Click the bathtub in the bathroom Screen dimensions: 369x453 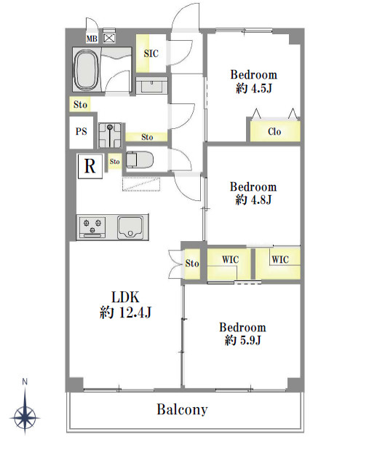click(87, 70)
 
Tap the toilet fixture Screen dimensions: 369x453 click(140, 159)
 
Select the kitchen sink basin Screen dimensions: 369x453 click(130, 227)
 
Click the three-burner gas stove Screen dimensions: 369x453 click(92, 227)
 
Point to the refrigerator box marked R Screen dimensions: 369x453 click(90, 166)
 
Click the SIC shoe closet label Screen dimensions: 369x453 click(151, 53)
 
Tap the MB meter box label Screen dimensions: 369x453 click(92, 38)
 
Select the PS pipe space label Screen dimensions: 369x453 click(81, 131)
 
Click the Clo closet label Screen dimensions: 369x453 click(274, 131)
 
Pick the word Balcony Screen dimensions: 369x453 click(182, 409)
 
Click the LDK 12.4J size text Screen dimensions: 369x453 click(125, 312)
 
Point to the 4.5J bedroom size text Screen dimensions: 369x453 click(254, 88)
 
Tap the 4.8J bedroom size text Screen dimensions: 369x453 click(253, 200)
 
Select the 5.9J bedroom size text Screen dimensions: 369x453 click(243, 340)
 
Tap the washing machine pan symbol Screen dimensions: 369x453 click(110, 135)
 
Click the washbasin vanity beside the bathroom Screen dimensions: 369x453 click(151, 85)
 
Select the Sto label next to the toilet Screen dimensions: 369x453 click(114, 161)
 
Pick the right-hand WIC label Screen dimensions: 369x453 click(280, 259)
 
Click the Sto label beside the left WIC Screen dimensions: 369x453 click(192, 263)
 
